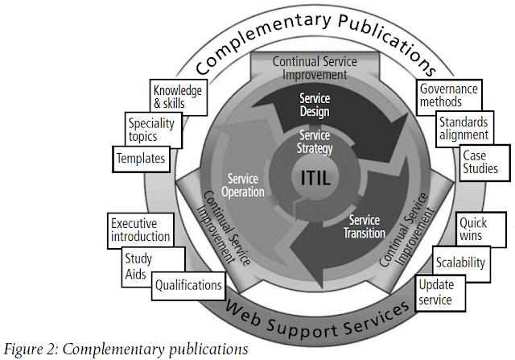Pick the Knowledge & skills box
click(x=176, y=97)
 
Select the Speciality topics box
click(x=154, y=130)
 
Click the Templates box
click(x=140, y=159)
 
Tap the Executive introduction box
click(x=140, y=230)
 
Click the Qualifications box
click(x=188, y=285)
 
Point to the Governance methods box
click(x=448, y=96)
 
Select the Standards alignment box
click(x=463, y=129)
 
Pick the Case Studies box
click(x=480, y=162)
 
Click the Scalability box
click(x=459, y=263)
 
